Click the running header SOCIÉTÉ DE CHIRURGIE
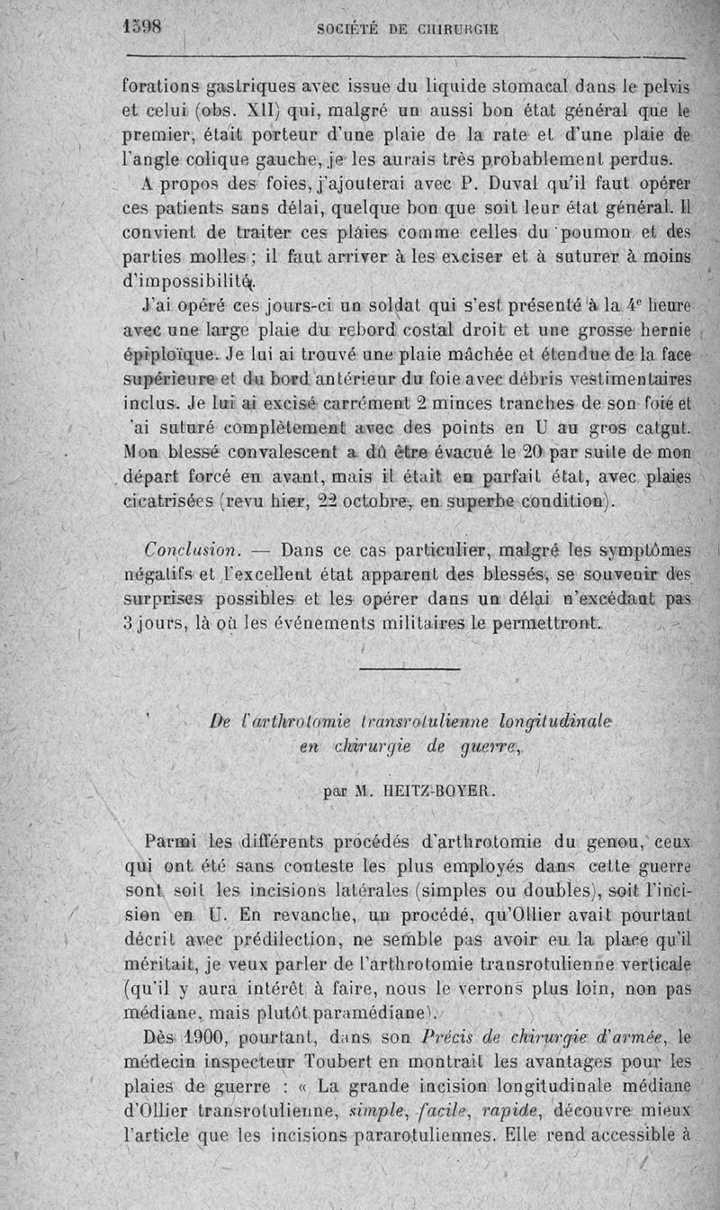pos(409,29)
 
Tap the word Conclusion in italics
pos(187,549)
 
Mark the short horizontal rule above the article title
pos(396,668)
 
